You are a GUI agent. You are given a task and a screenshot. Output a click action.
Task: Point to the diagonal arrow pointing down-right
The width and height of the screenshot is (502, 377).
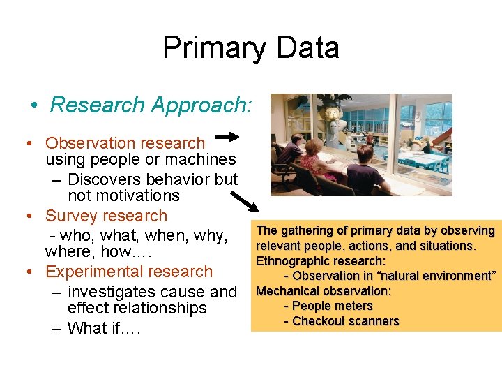244,200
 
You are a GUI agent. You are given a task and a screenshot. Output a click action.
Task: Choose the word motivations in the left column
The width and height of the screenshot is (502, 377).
123,196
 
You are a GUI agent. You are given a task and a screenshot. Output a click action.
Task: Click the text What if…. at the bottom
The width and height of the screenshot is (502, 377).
104,328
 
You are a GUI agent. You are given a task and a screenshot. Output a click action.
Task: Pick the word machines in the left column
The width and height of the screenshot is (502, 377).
203,160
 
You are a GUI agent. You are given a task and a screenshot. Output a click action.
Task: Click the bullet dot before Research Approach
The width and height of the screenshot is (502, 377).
34,105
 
